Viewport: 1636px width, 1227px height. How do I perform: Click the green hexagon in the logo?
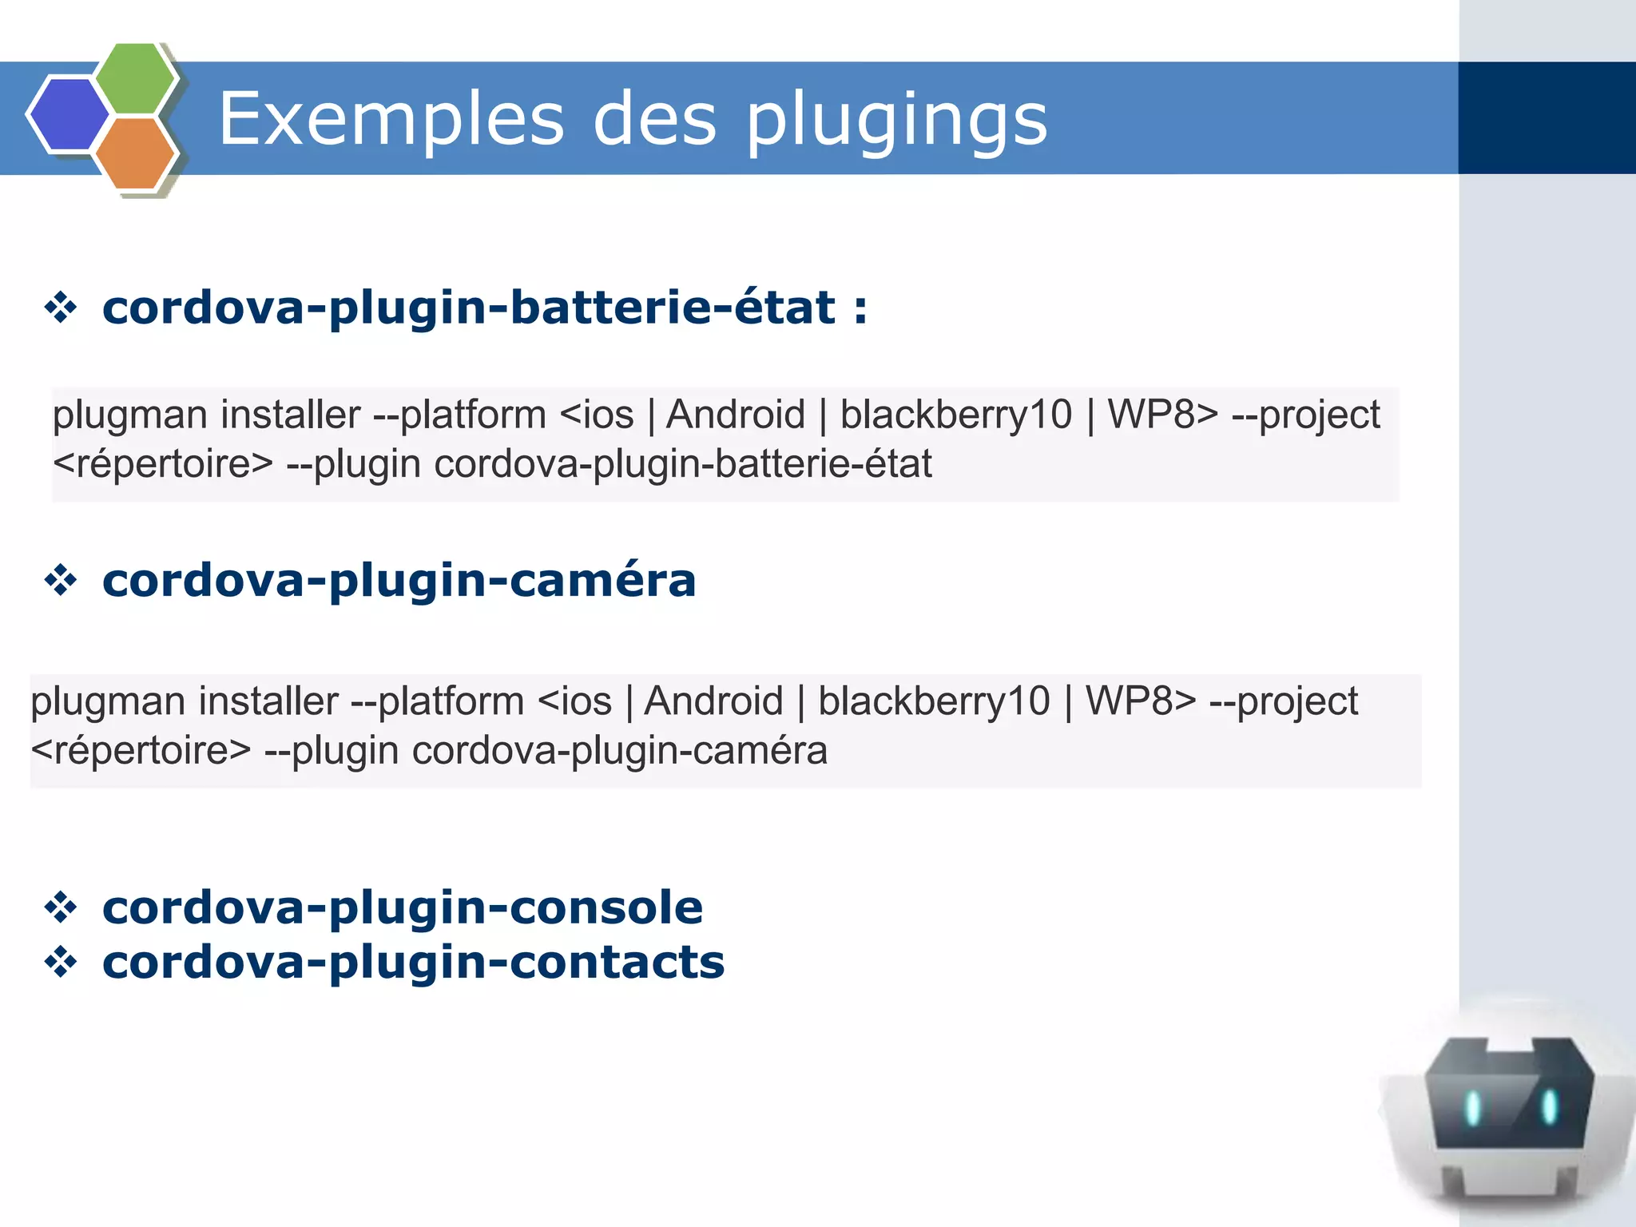coord(136,78)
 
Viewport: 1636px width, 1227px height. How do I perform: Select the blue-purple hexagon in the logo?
coord(69,114)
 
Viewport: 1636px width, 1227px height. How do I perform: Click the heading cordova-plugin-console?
coord(403,907)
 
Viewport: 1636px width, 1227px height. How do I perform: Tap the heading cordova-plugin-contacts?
coord(413,962)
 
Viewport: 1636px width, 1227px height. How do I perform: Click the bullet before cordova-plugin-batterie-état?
coord(61,308)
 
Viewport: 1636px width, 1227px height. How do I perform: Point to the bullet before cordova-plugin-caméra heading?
coord(61,580)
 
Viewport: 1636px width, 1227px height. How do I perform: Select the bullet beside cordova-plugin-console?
coord(61,907)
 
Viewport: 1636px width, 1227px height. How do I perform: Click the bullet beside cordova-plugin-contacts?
coord(61,962)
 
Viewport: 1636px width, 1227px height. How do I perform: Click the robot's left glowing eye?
coord(1473,1108)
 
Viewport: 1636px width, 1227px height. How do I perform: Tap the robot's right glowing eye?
coord(1549,1106)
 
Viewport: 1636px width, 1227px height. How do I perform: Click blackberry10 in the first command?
coord(955,415)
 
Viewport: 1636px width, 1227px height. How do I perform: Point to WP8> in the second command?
coord(1141,701)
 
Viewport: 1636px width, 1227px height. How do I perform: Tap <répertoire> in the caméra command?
coord(141,751)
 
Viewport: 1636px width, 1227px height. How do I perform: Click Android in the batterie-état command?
coord(735,415)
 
